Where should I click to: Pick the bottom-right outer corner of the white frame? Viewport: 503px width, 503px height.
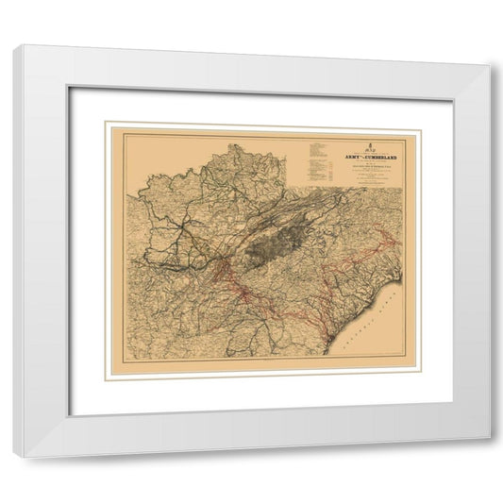tap(491, 440)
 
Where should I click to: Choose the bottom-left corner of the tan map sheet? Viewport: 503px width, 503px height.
tap(105, 377)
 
